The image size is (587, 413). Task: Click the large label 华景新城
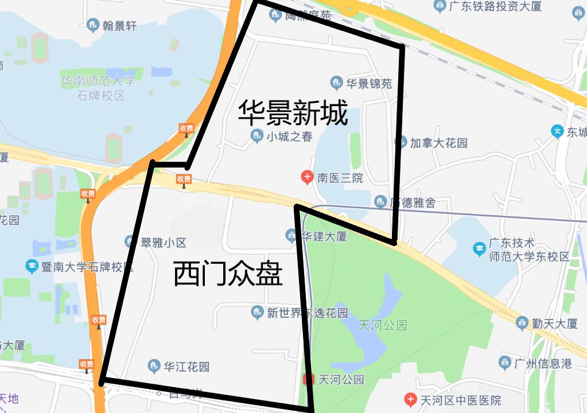[293, 113]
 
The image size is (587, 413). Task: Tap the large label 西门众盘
[228, 275]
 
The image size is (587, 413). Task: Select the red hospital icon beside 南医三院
[308, 177]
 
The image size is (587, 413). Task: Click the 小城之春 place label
[289, 137]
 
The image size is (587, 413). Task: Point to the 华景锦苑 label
[368, 84]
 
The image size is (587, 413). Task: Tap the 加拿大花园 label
[438, 142]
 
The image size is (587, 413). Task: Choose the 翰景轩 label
[119, 25]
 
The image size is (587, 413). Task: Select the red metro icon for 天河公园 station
[308, 379]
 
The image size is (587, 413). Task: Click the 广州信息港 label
[543, 363]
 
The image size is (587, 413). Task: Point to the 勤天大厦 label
[554, 324]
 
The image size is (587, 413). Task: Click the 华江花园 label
[186, 366]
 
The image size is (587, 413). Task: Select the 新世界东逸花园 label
[307, 313]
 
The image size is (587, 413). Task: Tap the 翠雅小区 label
[163, 242]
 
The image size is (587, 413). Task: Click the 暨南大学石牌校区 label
[83, 267]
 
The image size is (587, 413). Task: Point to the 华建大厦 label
[324, 235]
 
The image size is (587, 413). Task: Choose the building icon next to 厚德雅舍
[379, 202]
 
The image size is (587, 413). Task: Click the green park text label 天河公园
[382, 325]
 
